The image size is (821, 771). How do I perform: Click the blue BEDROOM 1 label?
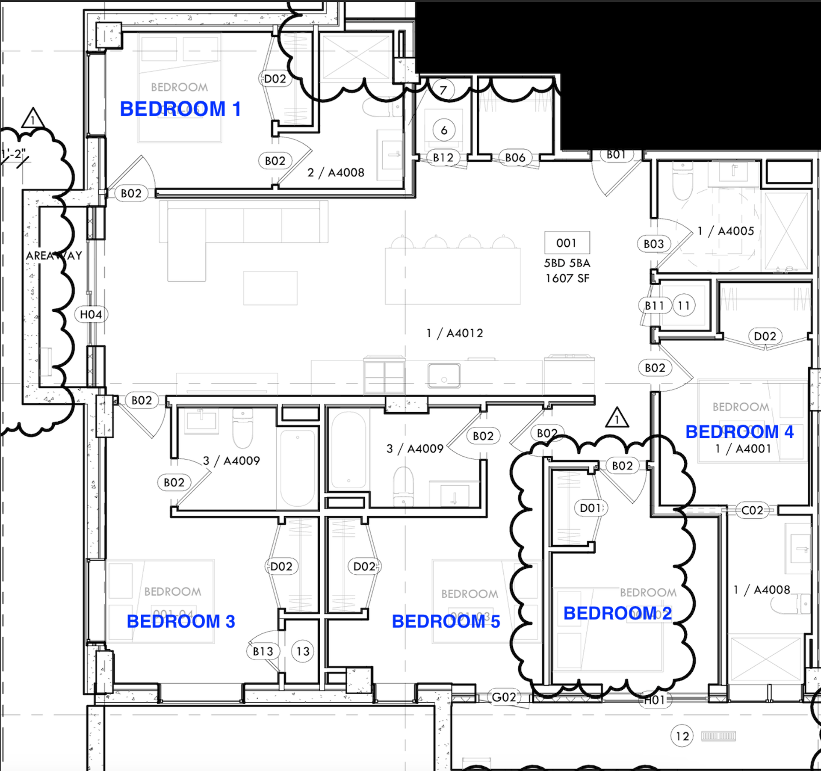(180, 109)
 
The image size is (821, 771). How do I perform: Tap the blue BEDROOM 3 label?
(181, 621)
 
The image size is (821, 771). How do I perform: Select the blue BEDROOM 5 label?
(446, 621)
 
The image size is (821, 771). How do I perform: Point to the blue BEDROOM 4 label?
(739, 432)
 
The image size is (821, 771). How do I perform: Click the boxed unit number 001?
(567, 243)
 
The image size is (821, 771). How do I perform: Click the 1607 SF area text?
(567, 278)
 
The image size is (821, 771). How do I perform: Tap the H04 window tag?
(91, 315)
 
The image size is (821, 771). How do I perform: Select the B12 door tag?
(443, 158)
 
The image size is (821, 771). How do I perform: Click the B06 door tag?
(515, 158)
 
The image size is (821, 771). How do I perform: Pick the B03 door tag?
(653, 244)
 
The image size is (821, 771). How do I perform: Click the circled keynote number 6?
(444, 130)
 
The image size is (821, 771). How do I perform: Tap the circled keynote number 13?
(303, 651)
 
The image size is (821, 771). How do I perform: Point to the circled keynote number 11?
(684, 305)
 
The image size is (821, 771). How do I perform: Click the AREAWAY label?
(54, 256)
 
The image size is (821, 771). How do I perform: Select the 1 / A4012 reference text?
(455, 333)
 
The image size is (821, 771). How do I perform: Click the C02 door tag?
(752, 510)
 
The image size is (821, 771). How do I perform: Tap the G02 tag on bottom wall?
(504, 697)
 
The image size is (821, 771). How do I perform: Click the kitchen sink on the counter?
(444, 375)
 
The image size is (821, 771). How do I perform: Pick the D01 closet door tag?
(591, 508)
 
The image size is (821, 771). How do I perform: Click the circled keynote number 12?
(682, 736)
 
